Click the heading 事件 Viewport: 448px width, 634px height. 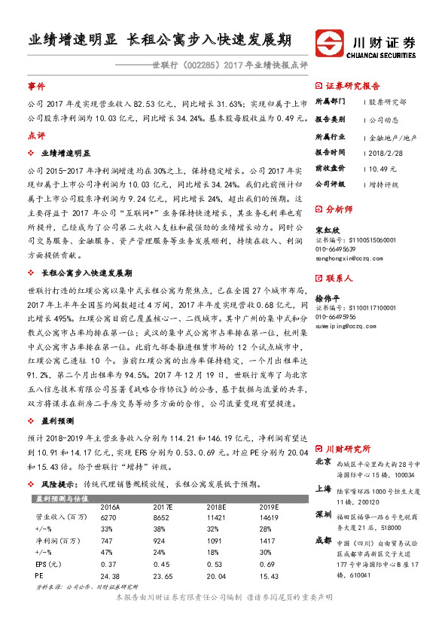pyautogui.click(x=36, y=87)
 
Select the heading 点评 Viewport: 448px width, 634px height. pyautogui.click(x=36, y=136)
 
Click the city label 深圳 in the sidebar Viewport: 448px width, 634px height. pyautogui.click(x=323, y=514)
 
